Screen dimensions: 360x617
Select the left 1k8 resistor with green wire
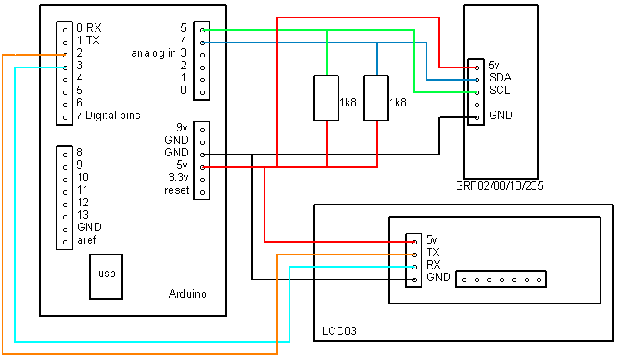(327, 98)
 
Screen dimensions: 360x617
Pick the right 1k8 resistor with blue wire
(377, 98)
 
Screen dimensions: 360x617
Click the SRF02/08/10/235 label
(500, 186)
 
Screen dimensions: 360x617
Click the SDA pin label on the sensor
(500, 77)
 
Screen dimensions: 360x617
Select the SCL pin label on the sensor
(499, 90)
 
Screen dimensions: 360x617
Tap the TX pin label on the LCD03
(432, 252)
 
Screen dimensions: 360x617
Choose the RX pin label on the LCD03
(432, 264)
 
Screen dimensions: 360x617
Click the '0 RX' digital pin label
(88, 27)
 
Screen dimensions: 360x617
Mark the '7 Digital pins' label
(107, 115)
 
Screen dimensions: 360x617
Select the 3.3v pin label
(177, 178)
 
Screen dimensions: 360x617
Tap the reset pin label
(176, 190)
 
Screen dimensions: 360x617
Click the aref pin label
(87, 239)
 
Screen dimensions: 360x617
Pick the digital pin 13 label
(82, 215)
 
